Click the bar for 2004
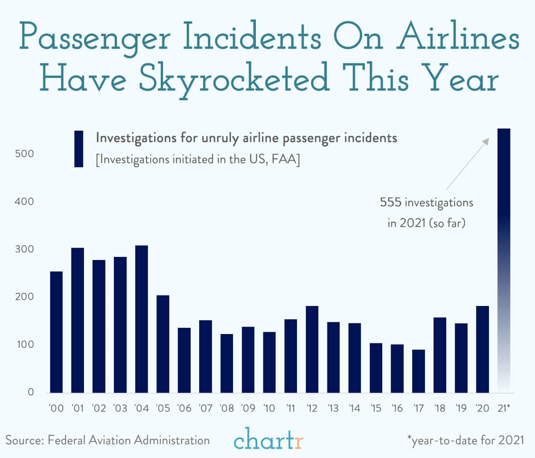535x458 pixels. (142, 319)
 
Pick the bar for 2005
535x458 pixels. (163, 344)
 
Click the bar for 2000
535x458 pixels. (56, 332)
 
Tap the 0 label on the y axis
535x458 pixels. (31, 392)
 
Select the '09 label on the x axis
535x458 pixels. (248, 408)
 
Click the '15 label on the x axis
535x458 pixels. (376, 408)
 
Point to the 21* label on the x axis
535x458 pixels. (504, 408)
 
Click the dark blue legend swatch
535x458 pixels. (79, 149)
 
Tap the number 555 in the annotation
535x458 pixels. (390, 203)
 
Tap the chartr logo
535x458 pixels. (268, 440)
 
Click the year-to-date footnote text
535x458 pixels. (465, 440)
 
